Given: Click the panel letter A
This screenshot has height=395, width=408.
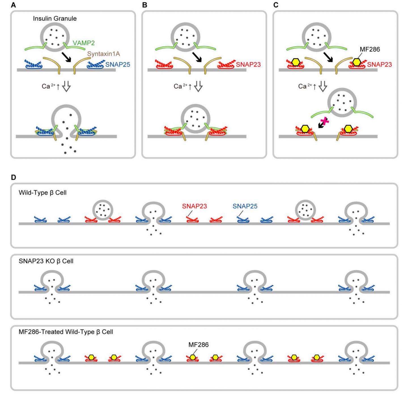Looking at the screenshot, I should click(13, 5).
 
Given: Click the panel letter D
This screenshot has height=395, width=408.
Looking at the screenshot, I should click(13, 177).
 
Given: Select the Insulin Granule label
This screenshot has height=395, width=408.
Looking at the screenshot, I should click(55, 19).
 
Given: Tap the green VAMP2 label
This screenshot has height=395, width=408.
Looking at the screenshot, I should click(84, 43).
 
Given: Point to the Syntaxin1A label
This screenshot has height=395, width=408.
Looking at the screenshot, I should click(103, 54).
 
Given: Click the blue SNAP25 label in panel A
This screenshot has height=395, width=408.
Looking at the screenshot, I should click(118, 65).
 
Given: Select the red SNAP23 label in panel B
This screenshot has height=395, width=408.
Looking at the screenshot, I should click(248, 65).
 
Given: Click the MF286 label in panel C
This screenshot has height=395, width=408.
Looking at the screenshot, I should click(370, 49).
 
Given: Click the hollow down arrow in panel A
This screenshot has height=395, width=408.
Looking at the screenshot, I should click(66, 86).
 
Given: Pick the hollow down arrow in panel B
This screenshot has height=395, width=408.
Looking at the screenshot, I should click(198, 86).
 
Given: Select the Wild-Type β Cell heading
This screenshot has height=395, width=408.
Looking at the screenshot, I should click(42, 193).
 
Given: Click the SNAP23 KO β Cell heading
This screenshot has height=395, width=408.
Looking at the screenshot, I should click(46, 261).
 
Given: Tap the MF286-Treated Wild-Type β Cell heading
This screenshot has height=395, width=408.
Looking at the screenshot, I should click(66, 332).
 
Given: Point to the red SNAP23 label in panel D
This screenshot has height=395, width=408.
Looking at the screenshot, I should click(194, 206).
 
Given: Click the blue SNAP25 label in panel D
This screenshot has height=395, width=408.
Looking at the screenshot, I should click(245, 206).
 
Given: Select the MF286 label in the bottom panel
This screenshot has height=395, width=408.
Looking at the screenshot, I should click(198, 345).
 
